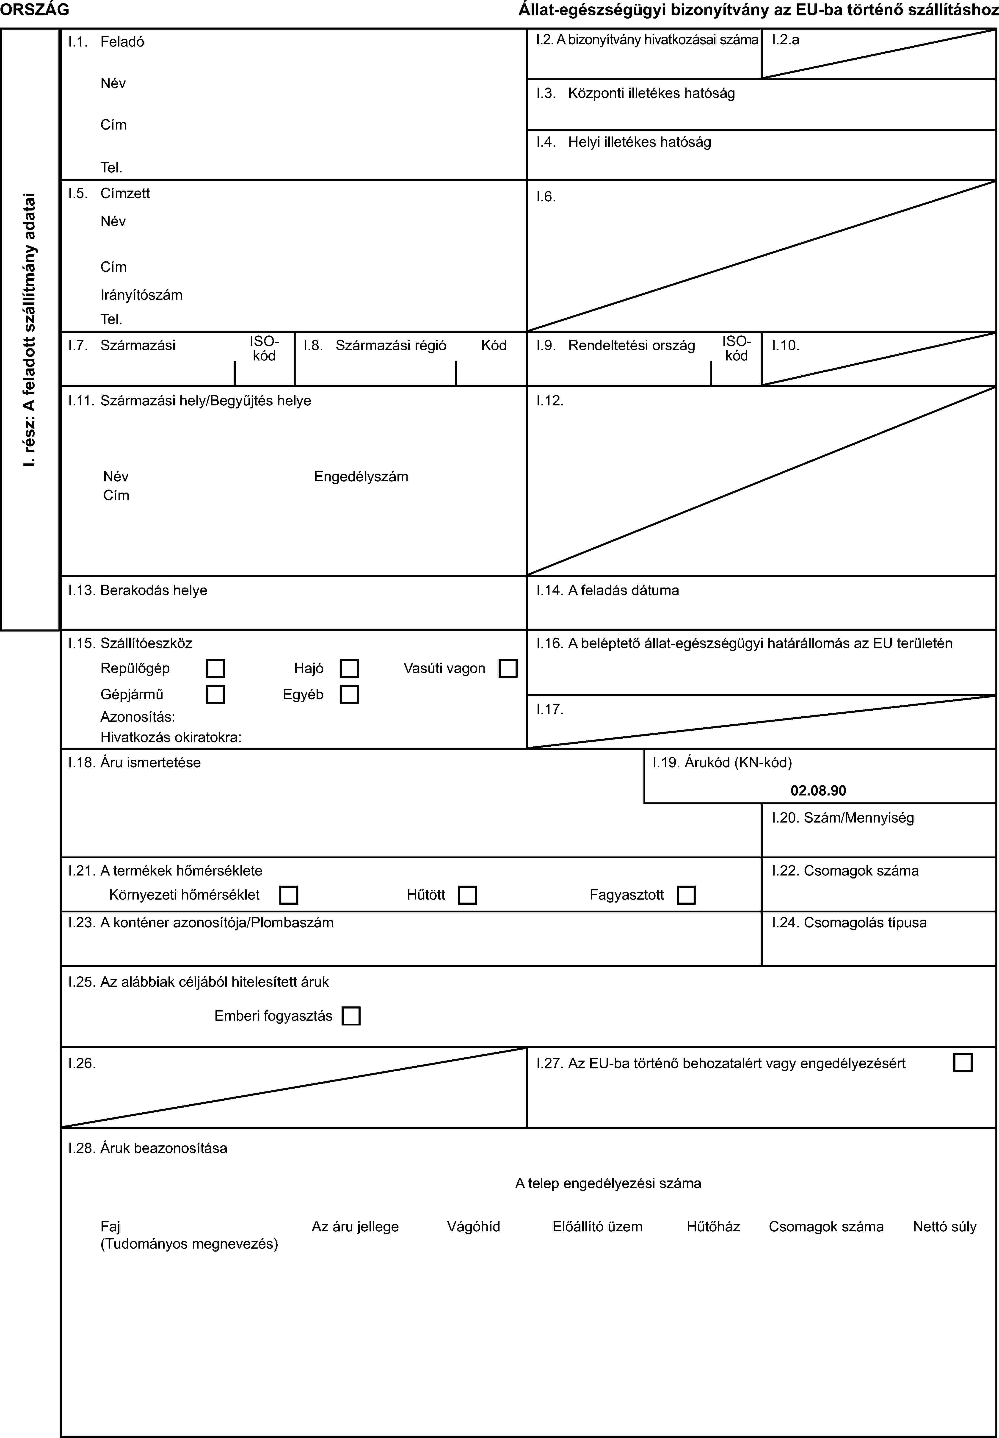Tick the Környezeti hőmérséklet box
click(x=289, y=895)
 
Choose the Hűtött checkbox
click(x=467, y=895)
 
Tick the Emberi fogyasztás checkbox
click(x=351, y=1015)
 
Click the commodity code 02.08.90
click(x=818, y=791)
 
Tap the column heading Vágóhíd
click(x=473, y=1226)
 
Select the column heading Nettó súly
click(x=944, y=1226)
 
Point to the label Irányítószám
click(x=141, y=295)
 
